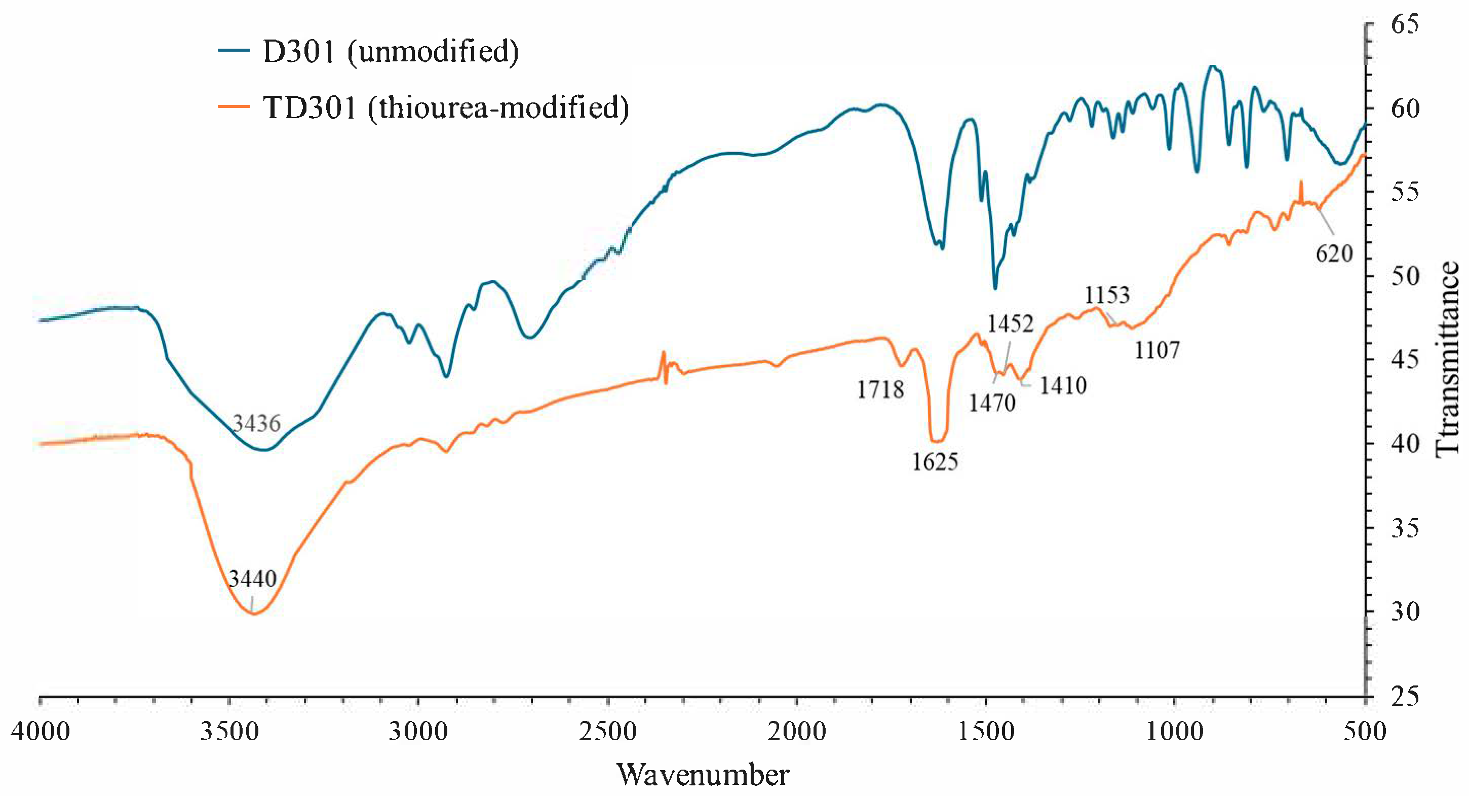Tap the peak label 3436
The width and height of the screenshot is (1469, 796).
257,423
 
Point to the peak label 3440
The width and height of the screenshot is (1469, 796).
253,578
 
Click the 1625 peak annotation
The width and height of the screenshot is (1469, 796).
935,461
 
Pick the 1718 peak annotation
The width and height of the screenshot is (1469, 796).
880,390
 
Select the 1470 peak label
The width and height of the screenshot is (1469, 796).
992,403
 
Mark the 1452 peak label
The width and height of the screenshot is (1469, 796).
1011,323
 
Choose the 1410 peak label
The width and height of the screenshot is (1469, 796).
1063,386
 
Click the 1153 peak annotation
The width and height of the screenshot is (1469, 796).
1107,295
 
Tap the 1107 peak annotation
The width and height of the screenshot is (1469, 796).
1156,350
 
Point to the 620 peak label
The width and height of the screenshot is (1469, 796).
1334,254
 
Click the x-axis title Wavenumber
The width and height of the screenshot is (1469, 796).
703,775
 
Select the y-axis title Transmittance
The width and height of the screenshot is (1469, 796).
1447,359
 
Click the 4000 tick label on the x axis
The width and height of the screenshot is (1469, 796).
40,732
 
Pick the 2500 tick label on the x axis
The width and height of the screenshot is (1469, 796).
608,732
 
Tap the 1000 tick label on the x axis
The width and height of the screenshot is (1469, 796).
1175,732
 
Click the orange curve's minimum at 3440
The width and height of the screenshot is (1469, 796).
254,614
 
